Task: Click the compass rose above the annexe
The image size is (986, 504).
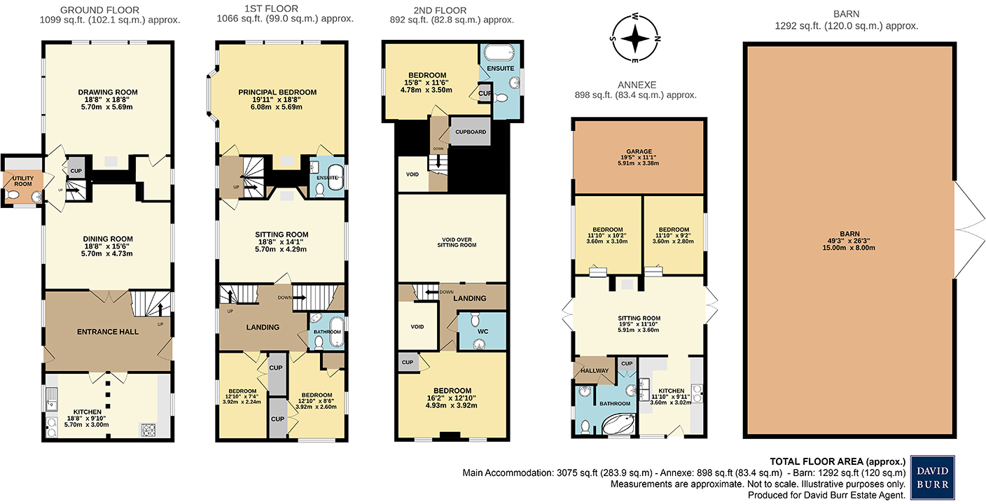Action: click(634, 38)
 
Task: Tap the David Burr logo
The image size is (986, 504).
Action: click(931, 477)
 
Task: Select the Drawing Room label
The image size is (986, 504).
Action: click(107, 92)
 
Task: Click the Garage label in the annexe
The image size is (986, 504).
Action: click(639, 151)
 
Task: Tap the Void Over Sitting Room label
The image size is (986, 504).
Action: click(457, 241)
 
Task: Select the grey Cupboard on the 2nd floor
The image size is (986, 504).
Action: click(469, 132)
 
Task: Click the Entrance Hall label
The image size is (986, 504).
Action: click(107, 331)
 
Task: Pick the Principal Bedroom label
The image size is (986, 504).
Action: click(277, 92)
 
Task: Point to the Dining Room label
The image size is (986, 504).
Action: click(107, 239)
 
